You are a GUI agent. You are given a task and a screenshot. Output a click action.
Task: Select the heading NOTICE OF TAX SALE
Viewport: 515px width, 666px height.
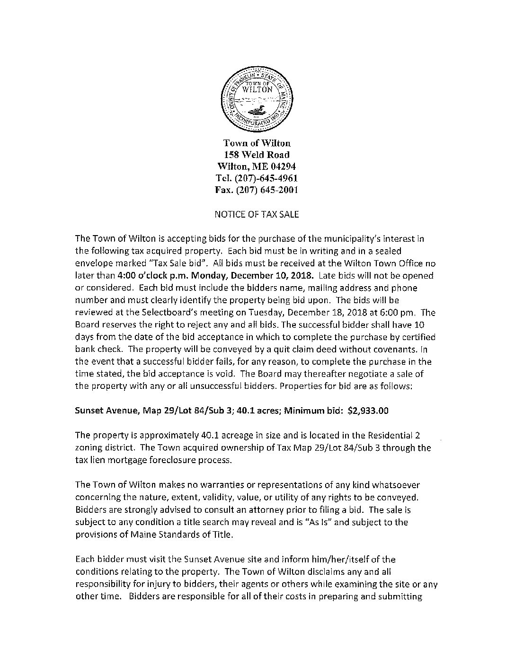(257, 214)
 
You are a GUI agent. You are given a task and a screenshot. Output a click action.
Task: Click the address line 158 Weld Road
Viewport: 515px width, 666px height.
(257, 155)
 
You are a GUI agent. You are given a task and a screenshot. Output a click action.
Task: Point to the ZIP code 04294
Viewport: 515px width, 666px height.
(283, 166)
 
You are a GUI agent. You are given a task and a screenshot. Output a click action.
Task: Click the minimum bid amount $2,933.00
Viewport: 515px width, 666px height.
(368, 411)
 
